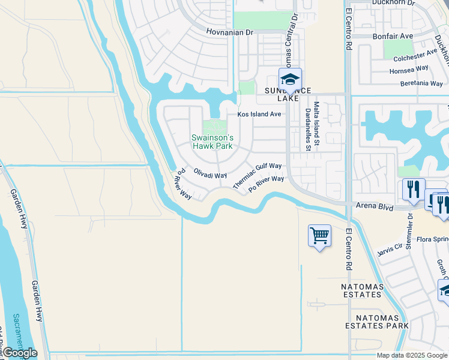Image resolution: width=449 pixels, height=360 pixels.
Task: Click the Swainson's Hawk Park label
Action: [211, 142]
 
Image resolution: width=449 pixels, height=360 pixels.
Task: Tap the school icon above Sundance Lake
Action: [290, 79]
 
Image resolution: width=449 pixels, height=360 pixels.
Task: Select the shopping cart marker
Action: [319, 236]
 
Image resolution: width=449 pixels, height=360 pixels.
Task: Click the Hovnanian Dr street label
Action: [231, 32]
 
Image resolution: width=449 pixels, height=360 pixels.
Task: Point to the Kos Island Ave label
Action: [259, 114]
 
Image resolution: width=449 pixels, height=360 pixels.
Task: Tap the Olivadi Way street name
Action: [210, 173]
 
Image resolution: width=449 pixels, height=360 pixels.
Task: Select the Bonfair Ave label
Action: [393, 36]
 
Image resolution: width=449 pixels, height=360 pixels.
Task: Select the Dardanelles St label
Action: [307, 129]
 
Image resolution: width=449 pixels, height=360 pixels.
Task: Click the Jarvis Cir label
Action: [390, 248]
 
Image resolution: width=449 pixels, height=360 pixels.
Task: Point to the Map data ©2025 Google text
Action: [411, 355]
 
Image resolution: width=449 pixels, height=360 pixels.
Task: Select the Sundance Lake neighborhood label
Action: [289, 95]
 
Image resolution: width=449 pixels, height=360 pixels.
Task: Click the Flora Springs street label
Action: [429, 239]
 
